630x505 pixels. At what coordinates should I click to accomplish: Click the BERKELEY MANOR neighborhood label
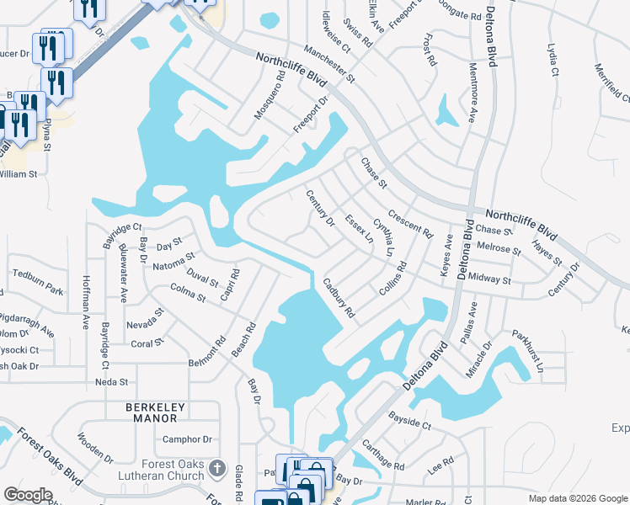tap(152, 412)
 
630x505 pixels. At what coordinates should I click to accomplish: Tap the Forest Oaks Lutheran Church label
tap(163, 470)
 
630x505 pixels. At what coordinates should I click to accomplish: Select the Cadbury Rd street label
tap(339, 300)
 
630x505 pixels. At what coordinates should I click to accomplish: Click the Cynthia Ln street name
tap(384, 237)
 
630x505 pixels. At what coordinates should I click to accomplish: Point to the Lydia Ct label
tap(553, 60)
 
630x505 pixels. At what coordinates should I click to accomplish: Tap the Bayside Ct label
tap(409, 421)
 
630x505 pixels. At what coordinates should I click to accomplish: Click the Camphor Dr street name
tap(188, 439)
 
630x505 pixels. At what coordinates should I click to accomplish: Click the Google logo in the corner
tap(29, 495)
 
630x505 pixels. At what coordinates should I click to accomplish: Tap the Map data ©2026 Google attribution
tap(577, 497)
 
